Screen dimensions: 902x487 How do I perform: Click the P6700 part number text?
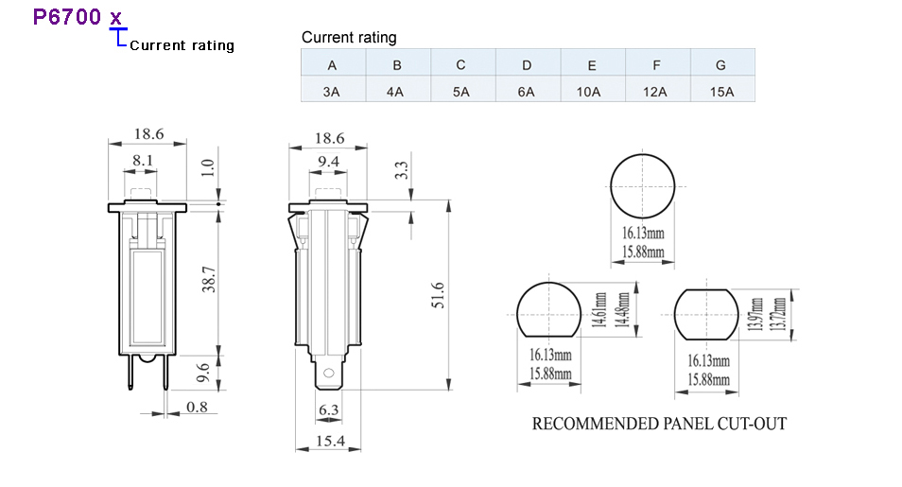point(67,17)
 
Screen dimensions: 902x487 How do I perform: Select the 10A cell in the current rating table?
point(588,92)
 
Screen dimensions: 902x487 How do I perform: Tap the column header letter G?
point(720,65)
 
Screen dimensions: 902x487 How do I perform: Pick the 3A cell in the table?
point(331,92)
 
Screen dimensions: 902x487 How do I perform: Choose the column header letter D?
point(527,65)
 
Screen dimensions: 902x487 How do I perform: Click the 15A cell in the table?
point(721,92)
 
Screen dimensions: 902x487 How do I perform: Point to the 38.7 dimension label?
point(209,279)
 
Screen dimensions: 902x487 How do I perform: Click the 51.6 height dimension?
point(438,295)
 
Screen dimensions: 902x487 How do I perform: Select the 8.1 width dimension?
point(142,160)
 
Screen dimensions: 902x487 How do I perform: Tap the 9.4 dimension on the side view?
point(328,161)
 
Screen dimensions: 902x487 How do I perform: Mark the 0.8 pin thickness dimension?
point(197,407)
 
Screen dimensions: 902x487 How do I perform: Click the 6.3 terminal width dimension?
point(328,409)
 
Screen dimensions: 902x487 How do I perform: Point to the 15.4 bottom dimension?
point(330,441)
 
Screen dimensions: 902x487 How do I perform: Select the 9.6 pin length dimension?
point(203,373)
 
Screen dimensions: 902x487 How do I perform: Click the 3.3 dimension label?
point(401,170)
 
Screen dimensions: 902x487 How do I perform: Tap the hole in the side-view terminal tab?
point(328,373)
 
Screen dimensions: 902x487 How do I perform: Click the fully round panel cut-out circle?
point(642,154)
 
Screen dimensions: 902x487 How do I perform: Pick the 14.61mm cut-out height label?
point(599,310)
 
